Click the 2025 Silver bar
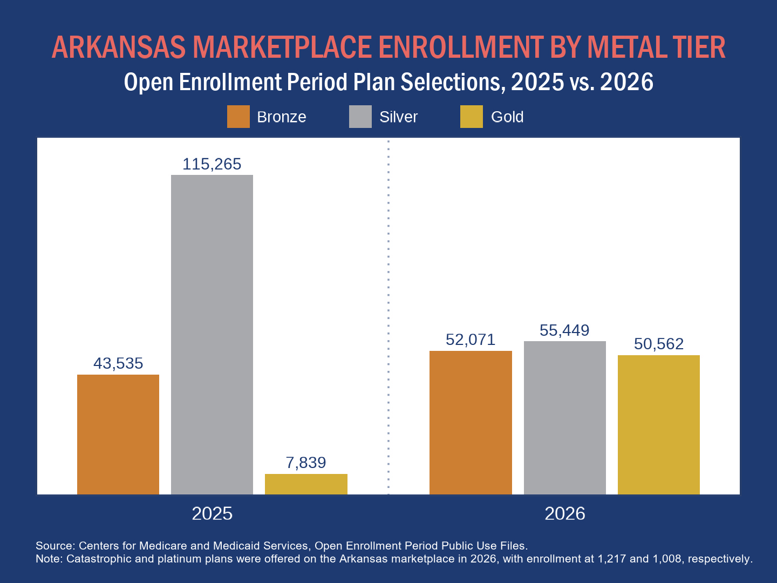click(212, 335)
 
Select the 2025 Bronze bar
click(118, 435)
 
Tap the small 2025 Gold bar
click(306, 484)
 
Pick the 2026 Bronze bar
click(471, 423)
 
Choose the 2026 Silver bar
click(565, 418)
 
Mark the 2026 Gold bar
click(659, 425)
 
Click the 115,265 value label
click(212, 164)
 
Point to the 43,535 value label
click(118, 363)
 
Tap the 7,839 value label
click(306, 463)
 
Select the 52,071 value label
click(471, 340)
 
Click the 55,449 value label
click(564, 330)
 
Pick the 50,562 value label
click(659, 344)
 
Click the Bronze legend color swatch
click(238, 117)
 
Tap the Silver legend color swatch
click(360, 117)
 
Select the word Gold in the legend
click(507, 117)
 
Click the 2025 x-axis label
click(212, 513)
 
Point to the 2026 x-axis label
click(565, 513)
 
